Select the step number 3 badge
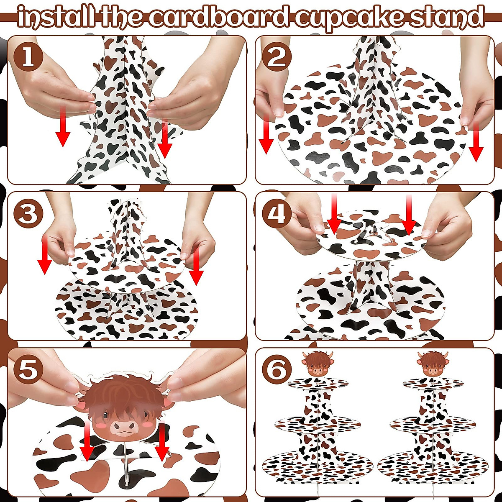28,214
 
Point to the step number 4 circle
277,214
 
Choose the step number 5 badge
28,371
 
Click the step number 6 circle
277,371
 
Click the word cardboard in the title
220,16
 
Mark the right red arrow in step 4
409,215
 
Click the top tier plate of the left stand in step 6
318,382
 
